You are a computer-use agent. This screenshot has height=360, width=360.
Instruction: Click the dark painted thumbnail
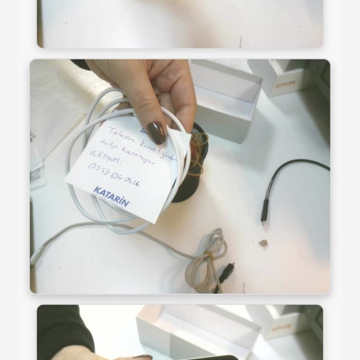[156, 133]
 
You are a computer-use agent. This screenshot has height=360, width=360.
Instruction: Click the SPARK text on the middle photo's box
[285, 85]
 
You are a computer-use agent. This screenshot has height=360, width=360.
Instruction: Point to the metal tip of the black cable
[264, 218]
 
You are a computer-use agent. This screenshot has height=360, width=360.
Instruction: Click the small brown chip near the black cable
[263, 243]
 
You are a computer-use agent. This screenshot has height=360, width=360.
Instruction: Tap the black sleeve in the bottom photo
[61, 328]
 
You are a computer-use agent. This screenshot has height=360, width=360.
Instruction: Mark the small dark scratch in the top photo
[240, 42]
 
